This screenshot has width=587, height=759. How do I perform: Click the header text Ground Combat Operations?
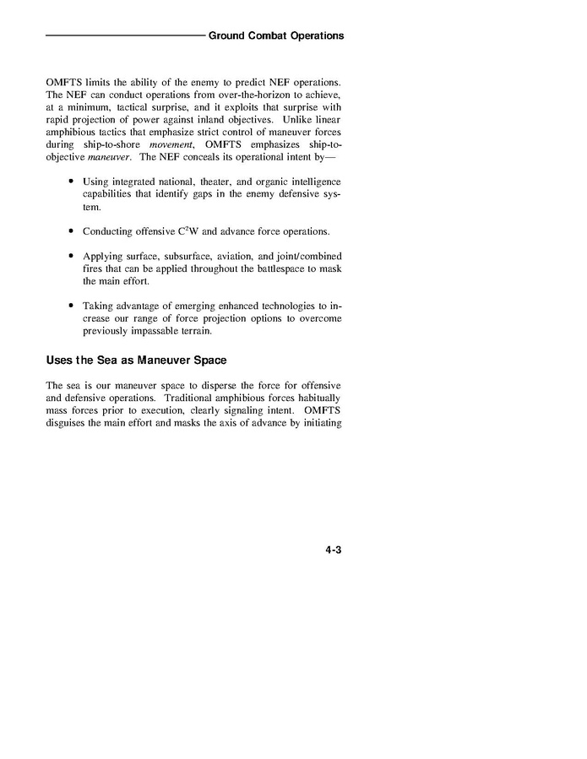[x=275, y=36]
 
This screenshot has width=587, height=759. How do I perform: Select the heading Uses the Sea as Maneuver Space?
[x=136, y=361]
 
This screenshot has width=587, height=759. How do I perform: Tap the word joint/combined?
[x=308, y=256]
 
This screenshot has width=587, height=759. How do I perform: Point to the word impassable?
[x=154, y=330]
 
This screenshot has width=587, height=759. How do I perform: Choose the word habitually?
[x=317, y=398]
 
